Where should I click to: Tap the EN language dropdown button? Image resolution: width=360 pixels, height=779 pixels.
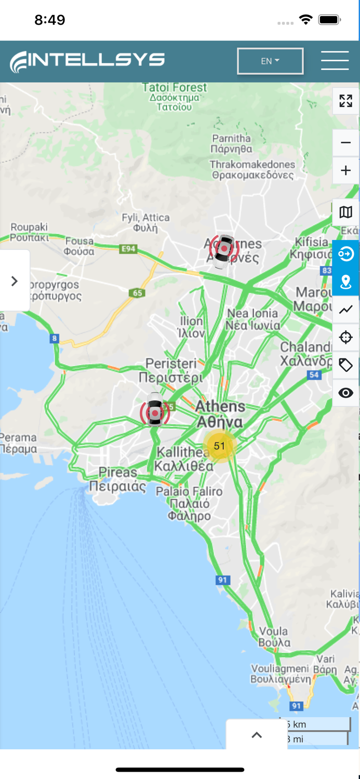pyautogui.click(x=270, y=61)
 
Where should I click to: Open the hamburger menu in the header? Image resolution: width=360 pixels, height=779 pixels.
pyautogui.click(x=335, y=61)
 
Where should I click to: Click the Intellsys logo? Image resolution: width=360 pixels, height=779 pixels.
pyautogui.click(x=87, y=61)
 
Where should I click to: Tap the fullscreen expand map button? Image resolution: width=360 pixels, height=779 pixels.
pyautogui.click(x=345, y=101)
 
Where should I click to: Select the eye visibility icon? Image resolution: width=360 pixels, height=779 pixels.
pyautogui.click(x=345, y=393)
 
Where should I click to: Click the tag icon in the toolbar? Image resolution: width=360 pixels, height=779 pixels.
pyautogui.click(x=345, y=365)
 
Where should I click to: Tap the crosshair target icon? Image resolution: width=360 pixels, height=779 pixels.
pyautogui.click(x=345, y=338)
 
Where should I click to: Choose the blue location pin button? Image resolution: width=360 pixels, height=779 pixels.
pyautogui.click(x=345, y=282)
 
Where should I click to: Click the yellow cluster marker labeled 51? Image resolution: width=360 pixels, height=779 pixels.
pyautogui.click(x=220, y=446)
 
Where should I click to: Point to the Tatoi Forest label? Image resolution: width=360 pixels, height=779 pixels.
pyautogui.click(x=175, y=88)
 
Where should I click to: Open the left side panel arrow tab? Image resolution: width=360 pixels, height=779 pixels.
pyautogui.click(x=15, y=281)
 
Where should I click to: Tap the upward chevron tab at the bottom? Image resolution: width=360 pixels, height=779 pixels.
pyautogui.click(x=257, y=735)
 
